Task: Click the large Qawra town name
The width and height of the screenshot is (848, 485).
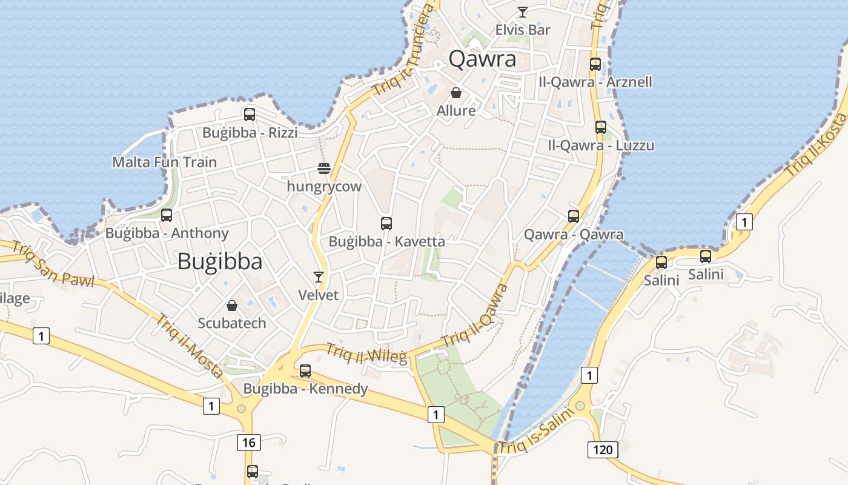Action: pos(483,59)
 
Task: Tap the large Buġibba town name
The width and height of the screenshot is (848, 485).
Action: pos(220,261)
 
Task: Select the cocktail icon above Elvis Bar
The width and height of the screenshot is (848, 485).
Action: pos(522,12)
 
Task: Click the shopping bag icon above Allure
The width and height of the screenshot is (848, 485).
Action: pos(456,93)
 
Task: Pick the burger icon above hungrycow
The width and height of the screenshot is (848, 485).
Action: pos(324,169)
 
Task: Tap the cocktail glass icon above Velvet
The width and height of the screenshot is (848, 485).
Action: pos(319,277)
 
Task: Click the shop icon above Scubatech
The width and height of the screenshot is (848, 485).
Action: pos(231,305)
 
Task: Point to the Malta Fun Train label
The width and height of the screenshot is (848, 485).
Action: pos(164,162)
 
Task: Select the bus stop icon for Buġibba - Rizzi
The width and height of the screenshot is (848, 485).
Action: pos(249,114)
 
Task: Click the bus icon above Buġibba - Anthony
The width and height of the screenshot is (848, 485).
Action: pos(167,215)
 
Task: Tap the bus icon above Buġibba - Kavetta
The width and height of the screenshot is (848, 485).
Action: pos(386,223)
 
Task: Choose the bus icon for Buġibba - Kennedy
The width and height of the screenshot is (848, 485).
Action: pos(305,370)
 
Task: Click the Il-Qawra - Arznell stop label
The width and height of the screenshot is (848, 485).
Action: pos(595,82)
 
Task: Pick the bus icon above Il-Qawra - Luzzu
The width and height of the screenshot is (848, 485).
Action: pos(601,127)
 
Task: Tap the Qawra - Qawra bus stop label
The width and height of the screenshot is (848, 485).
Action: pos(574,234)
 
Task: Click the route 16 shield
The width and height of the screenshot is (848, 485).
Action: pos(249,443)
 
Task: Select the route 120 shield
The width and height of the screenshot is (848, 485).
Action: pos(603,449)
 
